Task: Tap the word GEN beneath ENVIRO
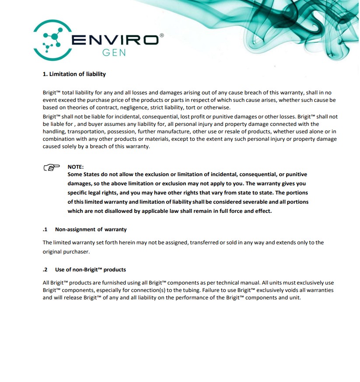click(x=114, y=52)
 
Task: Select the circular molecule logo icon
click(x=52, y=40)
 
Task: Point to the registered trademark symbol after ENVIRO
click(x=162, y=35)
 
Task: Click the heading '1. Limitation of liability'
click(x=74, y=74)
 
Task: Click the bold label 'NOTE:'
click(x=75, y=167)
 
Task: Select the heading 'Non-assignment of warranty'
click(x=91, y=229)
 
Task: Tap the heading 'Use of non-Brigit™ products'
click(x=90, y=270)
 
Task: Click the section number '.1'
click(x=45, y=229)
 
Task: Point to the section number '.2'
click(x=45, y=270)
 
